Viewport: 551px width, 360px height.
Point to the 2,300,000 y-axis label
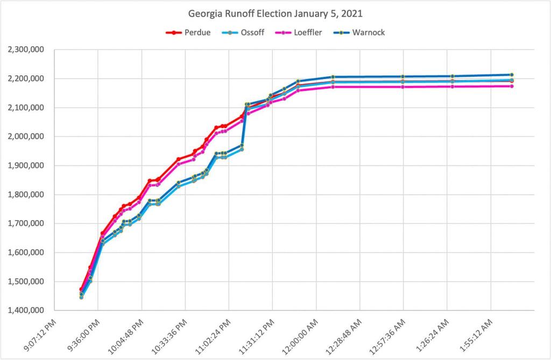click(26, 50)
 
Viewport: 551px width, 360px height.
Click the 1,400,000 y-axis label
click(26, 310)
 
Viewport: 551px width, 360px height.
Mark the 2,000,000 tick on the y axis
click(26, 137)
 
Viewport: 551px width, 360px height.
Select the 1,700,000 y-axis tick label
click(26, 224)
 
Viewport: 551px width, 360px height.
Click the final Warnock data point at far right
click(512, 75)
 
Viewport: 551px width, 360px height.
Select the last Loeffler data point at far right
click(512, 86)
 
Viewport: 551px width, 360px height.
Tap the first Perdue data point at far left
click(81, 290)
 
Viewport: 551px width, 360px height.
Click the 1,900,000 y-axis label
click(26, 166)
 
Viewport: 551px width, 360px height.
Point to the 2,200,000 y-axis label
click(26, 79)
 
